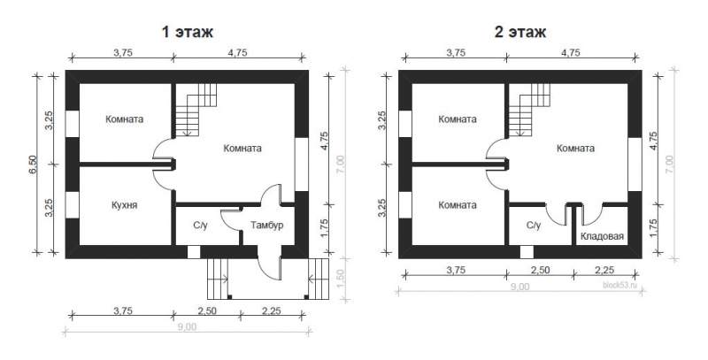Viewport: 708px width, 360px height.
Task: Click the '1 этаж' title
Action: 188,33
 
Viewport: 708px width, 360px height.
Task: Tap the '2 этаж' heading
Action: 520,33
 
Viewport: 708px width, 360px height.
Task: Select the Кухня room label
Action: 124,205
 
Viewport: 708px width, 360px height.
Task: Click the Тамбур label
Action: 267,226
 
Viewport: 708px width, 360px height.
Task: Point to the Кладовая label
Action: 602,236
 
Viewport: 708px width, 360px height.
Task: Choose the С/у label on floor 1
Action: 201,226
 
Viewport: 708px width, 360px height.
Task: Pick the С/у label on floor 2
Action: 534,226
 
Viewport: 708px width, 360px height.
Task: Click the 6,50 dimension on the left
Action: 34,165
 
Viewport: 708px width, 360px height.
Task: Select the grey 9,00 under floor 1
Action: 187,327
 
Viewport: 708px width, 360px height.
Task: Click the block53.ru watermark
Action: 619,285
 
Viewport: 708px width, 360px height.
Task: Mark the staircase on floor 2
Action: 529,110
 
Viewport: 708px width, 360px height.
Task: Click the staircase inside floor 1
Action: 196,110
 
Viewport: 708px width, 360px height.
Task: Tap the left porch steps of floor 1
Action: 217,279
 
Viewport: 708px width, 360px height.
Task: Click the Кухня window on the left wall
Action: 73,204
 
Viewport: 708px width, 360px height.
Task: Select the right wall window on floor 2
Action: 635,165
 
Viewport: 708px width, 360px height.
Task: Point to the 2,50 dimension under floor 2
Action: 540,271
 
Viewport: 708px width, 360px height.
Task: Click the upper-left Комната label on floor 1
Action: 124,119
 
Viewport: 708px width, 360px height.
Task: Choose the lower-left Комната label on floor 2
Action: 458,205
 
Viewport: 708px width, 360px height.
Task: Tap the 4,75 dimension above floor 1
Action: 237,53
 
